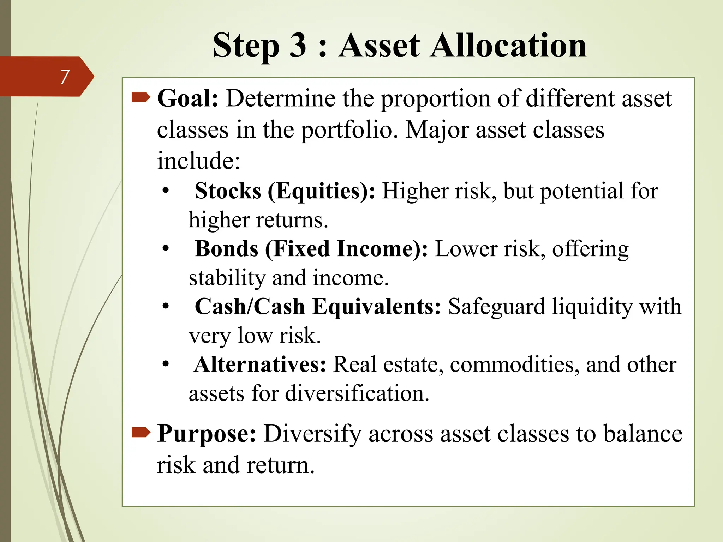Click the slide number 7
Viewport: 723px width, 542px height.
[x=64, y=77]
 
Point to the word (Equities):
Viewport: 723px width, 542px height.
[x=321, y=192]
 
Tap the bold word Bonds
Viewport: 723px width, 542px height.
[x=227, y=249]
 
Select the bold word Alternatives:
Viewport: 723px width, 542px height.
[x=260, y=365]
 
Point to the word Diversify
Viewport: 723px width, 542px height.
[x=312, y=434]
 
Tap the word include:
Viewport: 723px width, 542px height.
[x=198, y=161]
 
